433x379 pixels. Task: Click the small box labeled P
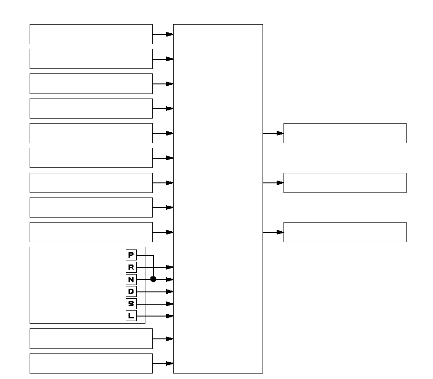(131, 255)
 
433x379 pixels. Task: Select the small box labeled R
(131, 267)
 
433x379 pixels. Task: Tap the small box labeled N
(131, 280)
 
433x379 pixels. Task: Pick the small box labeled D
(131, 291)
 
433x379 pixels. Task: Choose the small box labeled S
(131, 304)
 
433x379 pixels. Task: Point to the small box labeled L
(131, 316)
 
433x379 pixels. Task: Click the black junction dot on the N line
(153, 279)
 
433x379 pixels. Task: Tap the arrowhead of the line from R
(170, 267)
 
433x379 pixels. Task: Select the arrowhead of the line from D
(170, 291)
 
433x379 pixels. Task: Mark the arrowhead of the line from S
(170, 304)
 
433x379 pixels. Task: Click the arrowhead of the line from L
(170, 316)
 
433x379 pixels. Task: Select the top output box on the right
(345, 133)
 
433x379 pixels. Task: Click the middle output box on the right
(345, 183)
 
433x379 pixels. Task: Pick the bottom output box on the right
(345, 232)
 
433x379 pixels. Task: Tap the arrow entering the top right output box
(273, 134)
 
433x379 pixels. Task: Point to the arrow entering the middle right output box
(273, 183)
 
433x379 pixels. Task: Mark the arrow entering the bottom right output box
(273, 232)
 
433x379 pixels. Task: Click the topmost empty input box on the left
(91, 34)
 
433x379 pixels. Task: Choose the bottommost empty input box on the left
(91, 363)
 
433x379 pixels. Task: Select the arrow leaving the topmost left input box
(163, 35)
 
